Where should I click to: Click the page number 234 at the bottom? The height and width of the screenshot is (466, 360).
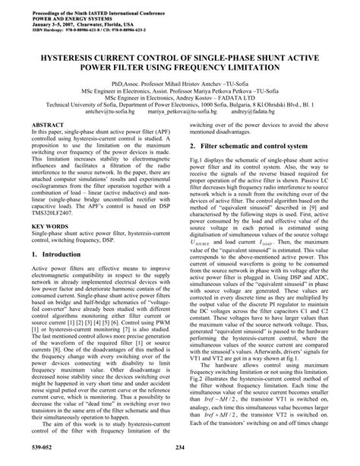coord(179,457)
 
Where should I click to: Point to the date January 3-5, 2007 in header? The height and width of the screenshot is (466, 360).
coord(48,19)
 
